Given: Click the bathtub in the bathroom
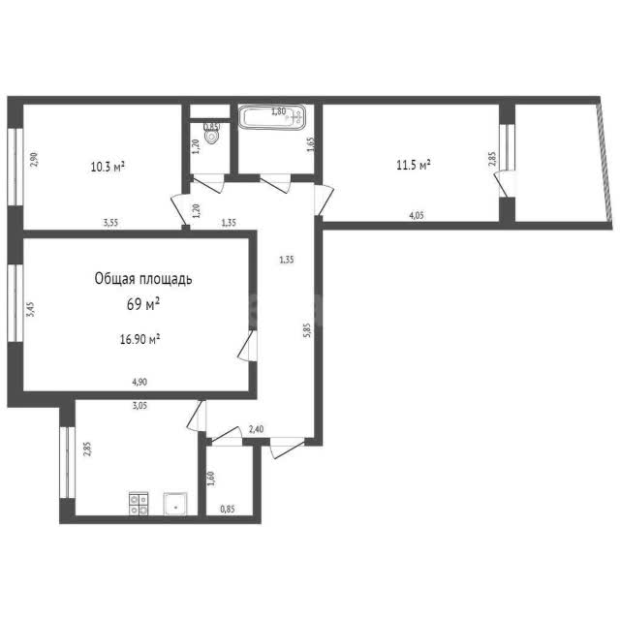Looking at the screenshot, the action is pos(271,117).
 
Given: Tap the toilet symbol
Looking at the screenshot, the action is pos(212,134).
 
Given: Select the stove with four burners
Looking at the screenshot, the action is pos(139,504).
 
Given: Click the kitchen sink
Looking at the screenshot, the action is pos(175,504).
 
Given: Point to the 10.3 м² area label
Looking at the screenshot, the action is pos(108,167).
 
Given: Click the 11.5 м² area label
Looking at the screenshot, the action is pos(414,165).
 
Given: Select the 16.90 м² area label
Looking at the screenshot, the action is pos(139,339).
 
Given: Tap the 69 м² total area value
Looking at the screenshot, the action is pos(143,304).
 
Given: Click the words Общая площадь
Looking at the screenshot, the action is pos(143,279).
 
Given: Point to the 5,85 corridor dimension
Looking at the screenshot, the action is pos(308,329).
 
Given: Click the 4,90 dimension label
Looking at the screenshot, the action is pos(139,382).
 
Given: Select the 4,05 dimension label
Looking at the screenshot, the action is pos(417,215).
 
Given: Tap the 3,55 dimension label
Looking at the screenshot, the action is pos(110,223).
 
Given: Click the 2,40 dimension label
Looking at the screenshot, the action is pos(256,429).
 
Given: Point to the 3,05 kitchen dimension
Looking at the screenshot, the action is pos(139,405).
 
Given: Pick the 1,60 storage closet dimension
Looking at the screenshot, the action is pos(210,479).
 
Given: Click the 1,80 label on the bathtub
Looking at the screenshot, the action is pos(278,111).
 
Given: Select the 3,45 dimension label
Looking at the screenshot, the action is pos(30,309).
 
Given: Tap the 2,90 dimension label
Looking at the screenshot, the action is pos(35,160).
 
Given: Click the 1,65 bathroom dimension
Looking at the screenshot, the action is pos(310,144).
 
